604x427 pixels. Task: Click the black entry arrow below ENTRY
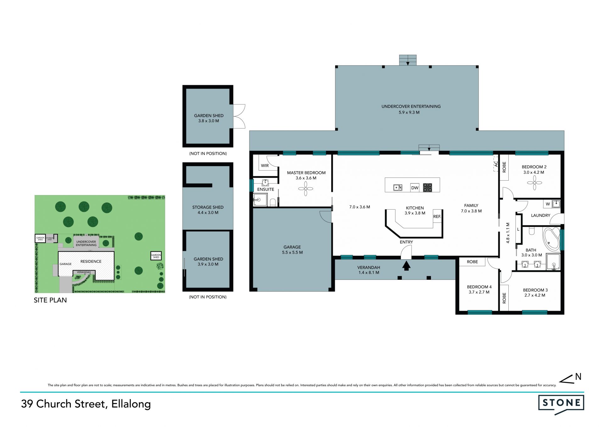click(x=406, y=266)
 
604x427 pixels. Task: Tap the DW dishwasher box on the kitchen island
click(x=415, y=188)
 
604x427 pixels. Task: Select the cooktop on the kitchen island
click(x=427, y=188)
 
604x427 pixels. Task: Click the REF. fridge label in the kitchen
click(x=437, y=216)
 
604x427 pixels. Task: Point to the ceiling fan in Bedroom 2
click(x=534, y=183)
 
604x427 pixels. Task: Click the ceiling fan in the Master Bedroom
click(x=305, y=189)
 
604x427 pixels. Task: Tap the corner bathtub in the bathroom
click(x=551, y=239)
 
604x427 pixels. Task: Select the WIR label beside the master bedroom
click(x=265, y=166)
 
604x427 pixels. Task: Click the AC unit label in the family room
click(x=496, y=164)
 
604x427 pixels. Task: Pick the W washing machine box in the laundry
click(x=548, y=204)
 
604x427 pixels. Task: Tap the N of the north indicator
click(x=578, y=376)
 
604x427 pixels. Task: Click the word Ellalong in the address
click(x=131, y=404)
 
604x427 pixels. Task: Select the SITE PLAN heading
click(x=50, y=300)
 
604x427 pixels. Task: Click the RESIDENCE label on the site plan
click(x=91, y=261)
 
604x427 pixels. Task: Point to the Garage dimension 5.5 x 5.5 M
click(x=293, y=252)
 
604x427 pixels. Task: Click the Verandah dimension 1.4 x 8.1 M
click(x=369, y=272)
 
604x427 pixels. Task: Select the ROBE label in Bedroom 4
click(x=472, y=262)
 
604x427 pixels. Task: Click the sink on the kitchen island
click(x=398, y=188)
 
